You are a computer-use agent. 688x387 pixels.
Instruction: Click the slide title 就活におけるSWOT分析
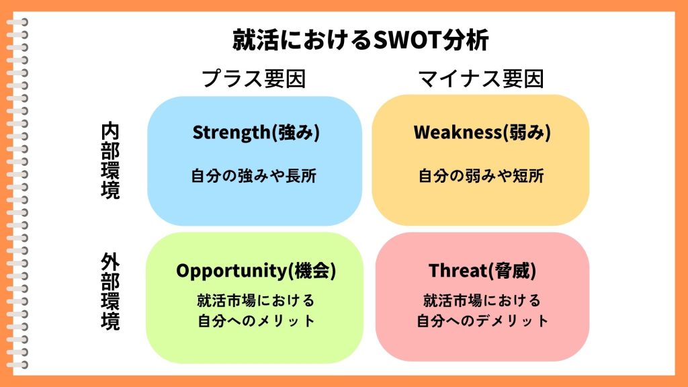coord(360,40)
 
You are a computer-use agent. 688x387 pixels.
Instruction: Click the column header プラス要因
coord(253,79)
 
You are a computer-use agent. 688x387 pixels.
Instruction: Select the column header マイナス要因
coord(481,79)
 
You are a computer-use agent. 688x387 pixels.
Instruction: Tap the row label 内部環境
coord(110,161)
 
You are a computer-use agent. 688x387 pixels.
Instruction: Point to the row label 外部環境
coord(110,292)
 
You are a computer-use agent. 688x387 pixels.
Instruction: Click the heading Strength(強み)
coord(256,132)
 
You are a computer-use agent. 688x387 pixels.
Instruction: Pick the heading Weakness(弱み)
coord(482,132)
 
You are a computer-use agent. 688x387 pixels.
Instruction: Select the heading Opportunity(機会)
coord(256,270)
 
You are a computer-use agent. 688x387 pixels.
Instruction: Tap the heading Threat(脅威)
coord(482,270)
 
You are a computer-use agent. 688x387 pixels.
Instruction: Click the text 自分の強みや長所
coord(253,176)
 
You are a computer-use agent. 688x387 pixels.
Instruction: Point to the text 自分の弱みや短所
coord(481,176)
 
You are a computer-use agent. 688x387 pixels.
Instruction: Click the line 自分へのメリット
coord(256,320)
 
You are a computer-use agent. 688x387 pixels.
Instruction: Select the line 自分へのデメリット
coord(482,320)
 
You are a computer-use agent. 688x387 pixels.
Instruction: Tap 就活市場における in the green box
coord(256,300)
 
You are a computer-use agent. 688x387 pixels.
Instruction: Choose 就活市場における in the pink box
coord(482,300)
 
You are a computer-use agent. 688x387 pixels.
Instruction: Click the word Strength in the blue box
coord(232,132)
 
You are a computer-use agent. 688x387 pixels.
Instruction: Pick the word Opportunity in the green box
coord(231,271)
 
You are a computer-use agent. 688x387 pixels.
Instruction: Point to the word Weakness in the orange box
coord(457,132)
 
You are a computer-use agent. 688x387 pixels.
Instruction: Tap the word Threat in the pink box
coord(458,270)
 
